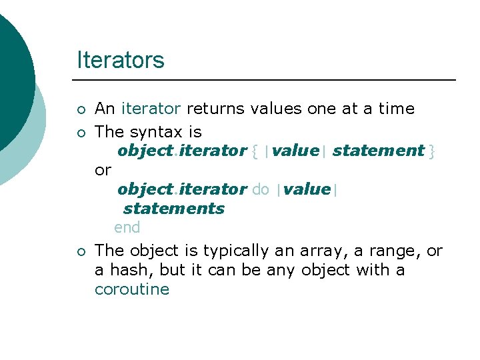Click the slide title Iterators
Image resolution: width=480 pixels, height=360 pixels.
pyautogui.click(x=120, y=60)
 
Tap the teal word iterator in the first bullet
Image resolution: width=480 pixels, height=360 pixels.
pyautogui.click(x=151, y=109)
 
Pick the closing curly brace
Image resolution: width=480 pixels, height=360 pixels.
pyautogui.click(x=432, y=151)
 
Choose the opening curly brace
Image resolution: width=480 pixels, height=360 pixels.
pyautogui.click(x=255, y=151)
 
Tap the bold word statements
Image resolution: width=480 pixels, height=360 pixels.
pyautogui.click(x=174, y=209)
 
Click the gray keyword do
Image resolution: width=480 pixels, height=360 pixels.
pyautogui.click(x=261, y=189)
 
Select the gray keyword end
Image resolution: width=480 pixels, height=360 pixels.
pyautogui.click(x=127, y=228)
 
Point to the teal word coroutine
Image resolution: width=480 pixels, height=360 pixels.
pyautogui.click(x=132, y=290)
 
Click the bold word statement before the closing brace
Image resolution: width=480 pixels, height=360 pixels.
pyautogui.click(x=378, y=151)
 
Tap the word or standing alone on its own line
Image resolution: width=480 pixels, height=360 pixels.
pyautogui.click(x=103, y=170)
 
